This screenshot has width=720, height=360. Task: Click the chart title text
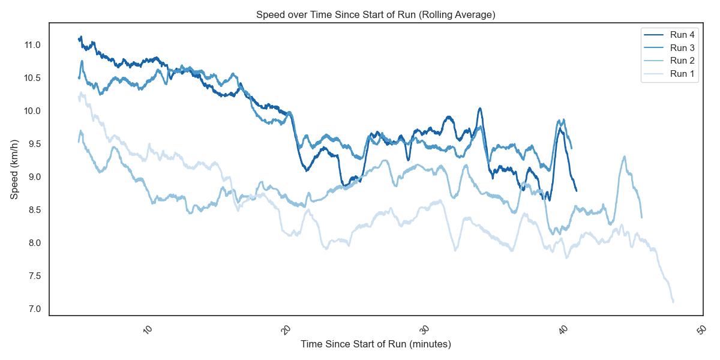[x=376, y=14]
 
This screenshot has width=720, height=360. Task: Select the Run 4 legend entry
[x=682, y=35]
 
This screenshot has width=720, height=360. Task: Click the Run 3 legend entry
[x=682, y=48]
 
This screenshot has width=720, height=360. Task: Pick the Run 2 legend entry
[x=682, y=61]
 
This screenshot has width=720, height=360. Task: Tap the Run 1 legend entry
[x=682, y=74]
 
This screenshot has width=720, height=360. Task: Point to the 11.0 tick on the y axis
[x=32, y=45]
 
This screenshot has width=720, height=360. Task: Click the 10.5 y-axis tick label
[x=32, y=78]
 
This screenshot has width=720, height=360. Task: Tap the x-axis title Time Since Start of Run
[x=376, y=344]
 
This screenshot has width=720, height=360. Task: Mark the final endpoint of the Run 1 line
[x=673, y=301]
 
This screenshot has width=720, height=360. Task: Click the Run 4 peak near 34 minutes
[x=480, y=109]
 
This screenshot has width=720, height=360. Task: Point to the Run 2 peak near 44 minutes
[x=625, y=157]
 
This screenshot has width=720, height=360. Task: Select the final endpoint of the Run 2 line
[x=641, y=217]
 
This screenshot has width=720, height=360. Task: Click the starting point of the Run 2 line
[x=79, y=142]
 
